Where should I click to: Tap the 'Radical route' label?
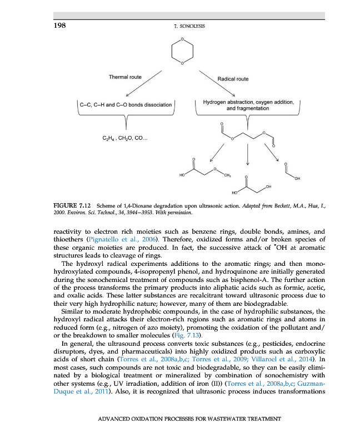point(233,79)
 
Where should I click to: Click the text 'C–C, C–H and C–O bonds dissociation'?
point(126,104)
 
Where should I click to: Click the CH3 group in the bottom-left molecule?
point(227,175)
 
